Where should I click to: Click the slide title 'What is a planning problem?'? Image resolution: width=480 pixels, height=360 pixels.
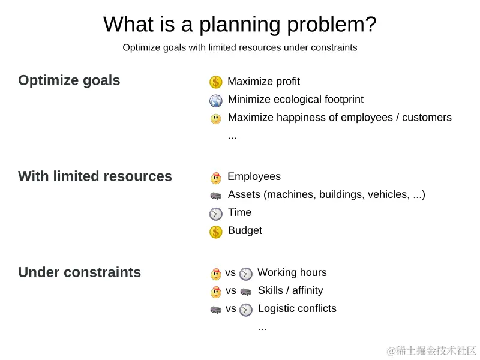(x=240, y=25)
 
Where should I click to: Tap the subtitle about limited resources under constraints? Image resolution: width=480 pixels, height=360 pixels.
(x=240, y=47)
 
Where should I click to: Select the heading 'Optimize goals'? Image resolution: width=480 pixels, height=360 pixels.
(x=69, y=80)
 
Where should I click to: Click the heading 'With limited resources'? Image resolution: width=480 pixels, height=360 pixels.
(x=95, y=176)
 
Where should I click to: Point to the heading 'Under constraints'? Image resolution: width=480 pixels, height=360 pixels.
(x=79, y=272)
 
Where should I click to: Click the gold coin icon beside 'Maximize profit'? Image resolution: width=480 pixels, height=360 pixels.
(x=216, y=82)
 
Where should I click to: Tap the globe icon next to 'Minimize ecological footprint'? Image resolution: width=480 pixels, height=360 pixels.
(x=216, y=100)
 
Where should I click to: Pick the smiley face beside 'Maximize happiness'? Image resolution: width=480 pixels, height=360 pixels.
(x=216, y=119)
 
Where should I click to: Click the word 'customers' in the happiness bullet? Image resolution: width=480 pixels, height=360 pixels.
(x=427, y=118)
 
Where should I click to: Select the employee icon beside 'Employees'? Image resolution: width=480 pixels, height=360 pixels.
(x=216, y=178)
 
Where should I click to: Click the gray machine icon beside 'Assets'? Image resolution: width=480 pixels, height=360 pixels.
(x=216, y=196)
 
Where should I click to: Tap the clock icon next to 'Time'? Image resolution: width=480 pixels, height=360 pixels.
(x=216, y=214)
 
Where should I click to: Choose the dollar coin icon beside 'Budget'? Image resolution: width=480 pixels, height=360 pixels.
(x=216, y=232)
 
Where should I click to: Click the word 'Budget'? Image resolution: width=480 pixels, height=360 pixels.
(x=245, y=230)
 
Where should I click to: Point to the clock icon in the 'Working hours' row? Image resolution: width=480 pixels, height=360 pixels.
(x=246, y=274)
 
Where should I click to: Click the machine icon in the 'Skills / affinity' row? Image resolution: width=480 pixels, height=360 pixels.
(x=246, y=292)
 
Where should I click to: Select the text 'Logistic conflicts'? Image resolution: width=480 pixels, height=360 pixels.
(x=297, y=308)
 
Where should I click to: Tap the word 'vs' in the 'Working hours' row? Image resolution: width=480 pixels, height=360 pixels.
(x=230, y=272)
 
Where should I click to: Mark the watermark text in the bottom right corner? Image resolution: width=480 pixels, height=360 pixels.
(x=432, y=350)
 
